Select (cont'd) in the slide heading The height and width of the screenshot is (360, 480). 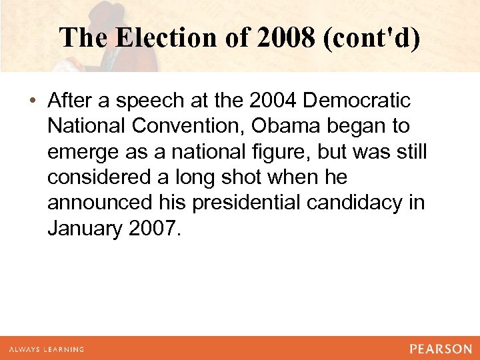[372, 37]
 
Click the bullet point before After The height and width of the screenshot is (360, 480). [33, 101]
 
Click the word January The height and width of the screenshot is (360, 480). [83, 228]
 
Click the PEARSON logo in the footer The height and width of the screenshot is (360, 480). [441, 349]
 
